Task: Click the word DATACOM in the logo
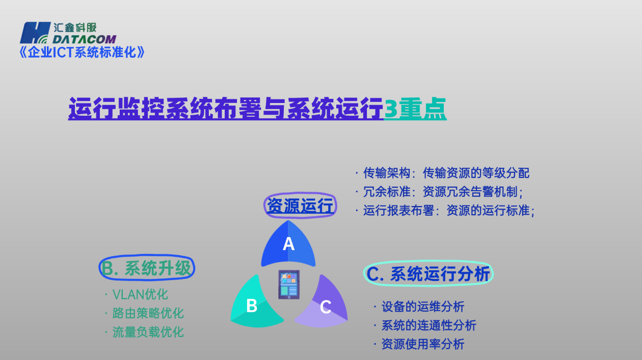click(x=85, y=39)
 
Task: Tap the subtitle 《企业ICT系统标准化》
click(x=82, y=52)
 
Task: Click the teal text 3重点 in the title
click(x=415, y=109)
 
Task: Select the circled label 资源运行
click(x=300, y=206)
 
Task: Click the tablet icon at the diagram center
click(x=289, y=284)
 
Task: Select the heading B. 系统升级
click(x=147, y=268)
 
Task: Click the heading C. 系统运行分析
click(x=429, y=274)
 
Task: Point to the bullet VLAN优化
click(x=140, y=294)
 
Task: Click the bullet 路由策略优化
click(x=148, y=313)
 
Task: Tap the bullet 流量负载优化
click(x=148, y=332)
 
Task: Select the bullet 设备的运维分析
click(x=422, y=306)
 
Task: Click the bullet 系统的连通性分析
click(x=429, y=325)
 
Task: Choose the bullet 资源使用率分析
click(x=422, y=344)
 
